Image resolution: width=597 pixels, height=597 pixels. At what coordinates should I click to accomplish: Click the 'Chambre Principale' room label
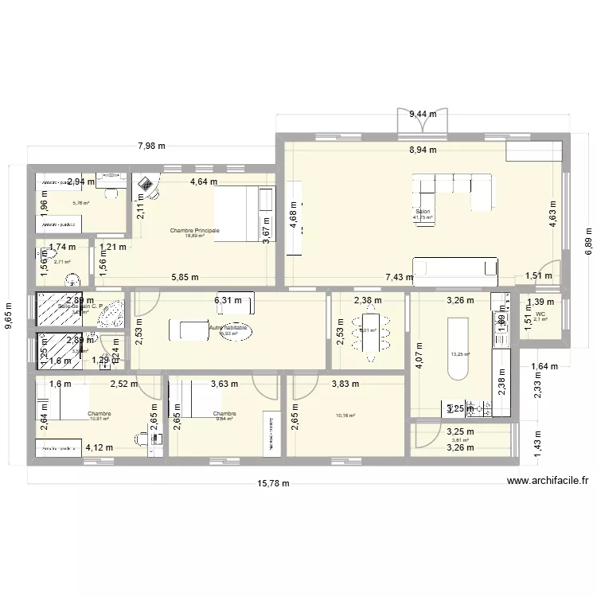coord(195,230)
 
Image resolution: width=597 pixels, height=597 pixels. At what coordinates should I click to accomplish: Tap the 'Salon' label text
coord(423,212)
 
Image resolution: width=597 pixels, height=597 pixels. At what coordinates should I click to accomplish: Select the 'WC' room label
coord(540,314)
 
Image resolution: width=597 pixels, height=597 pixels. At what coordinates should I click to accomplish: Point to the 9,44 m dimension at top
coord(423,114)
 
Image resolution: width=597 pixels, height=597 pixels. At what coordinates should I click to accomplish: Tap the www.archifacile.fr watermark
coord(547,480)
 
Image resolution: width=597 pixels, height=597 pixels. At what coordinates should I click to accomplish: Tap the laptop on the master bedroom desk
coord(149,185)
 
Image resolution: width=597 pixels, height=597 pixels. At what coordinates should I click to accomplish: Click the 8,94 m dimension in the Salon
coord(423,150)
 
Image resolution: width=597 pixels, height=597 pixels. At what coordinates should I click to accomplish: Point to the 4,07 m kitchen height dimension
coord(416,351)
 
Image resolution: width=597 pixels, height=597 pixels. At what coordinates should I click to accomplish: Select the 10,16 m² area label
coord(346,415)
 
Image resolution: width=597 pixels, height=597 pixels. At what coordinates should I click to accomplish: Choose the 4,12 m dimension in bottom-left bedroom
coord(100,448)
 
